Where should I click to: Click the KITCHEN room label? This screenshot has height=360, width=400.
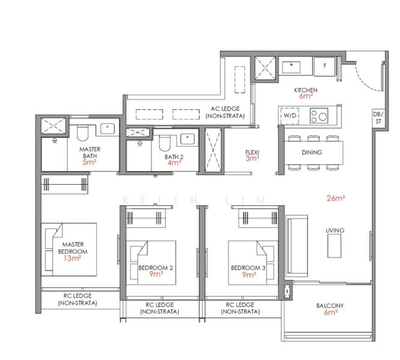pos(305,90)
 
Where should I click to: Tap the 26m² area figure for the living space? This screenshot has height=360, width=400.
pos(335,197)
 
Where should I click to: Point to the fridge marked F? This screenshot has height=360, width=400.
pos(325,66)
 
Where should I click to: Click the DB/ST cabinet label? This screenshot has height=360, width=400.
pos(377,117)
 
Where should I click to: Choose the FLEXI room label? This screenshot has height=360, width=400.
pos(252,152)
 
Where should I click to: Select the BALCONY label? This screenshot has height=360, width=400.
pos(330,305)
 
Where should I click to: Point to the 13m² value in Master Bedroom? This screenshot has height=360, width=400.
pos(71,259)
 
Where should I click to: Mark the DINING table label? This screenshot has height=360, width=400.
pos(312,152)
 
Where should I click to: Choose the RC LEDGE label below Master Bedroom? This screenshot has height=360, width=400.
pos(78,299)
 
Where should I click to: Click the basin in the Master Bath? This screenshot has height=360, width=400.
pos(108,128)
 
